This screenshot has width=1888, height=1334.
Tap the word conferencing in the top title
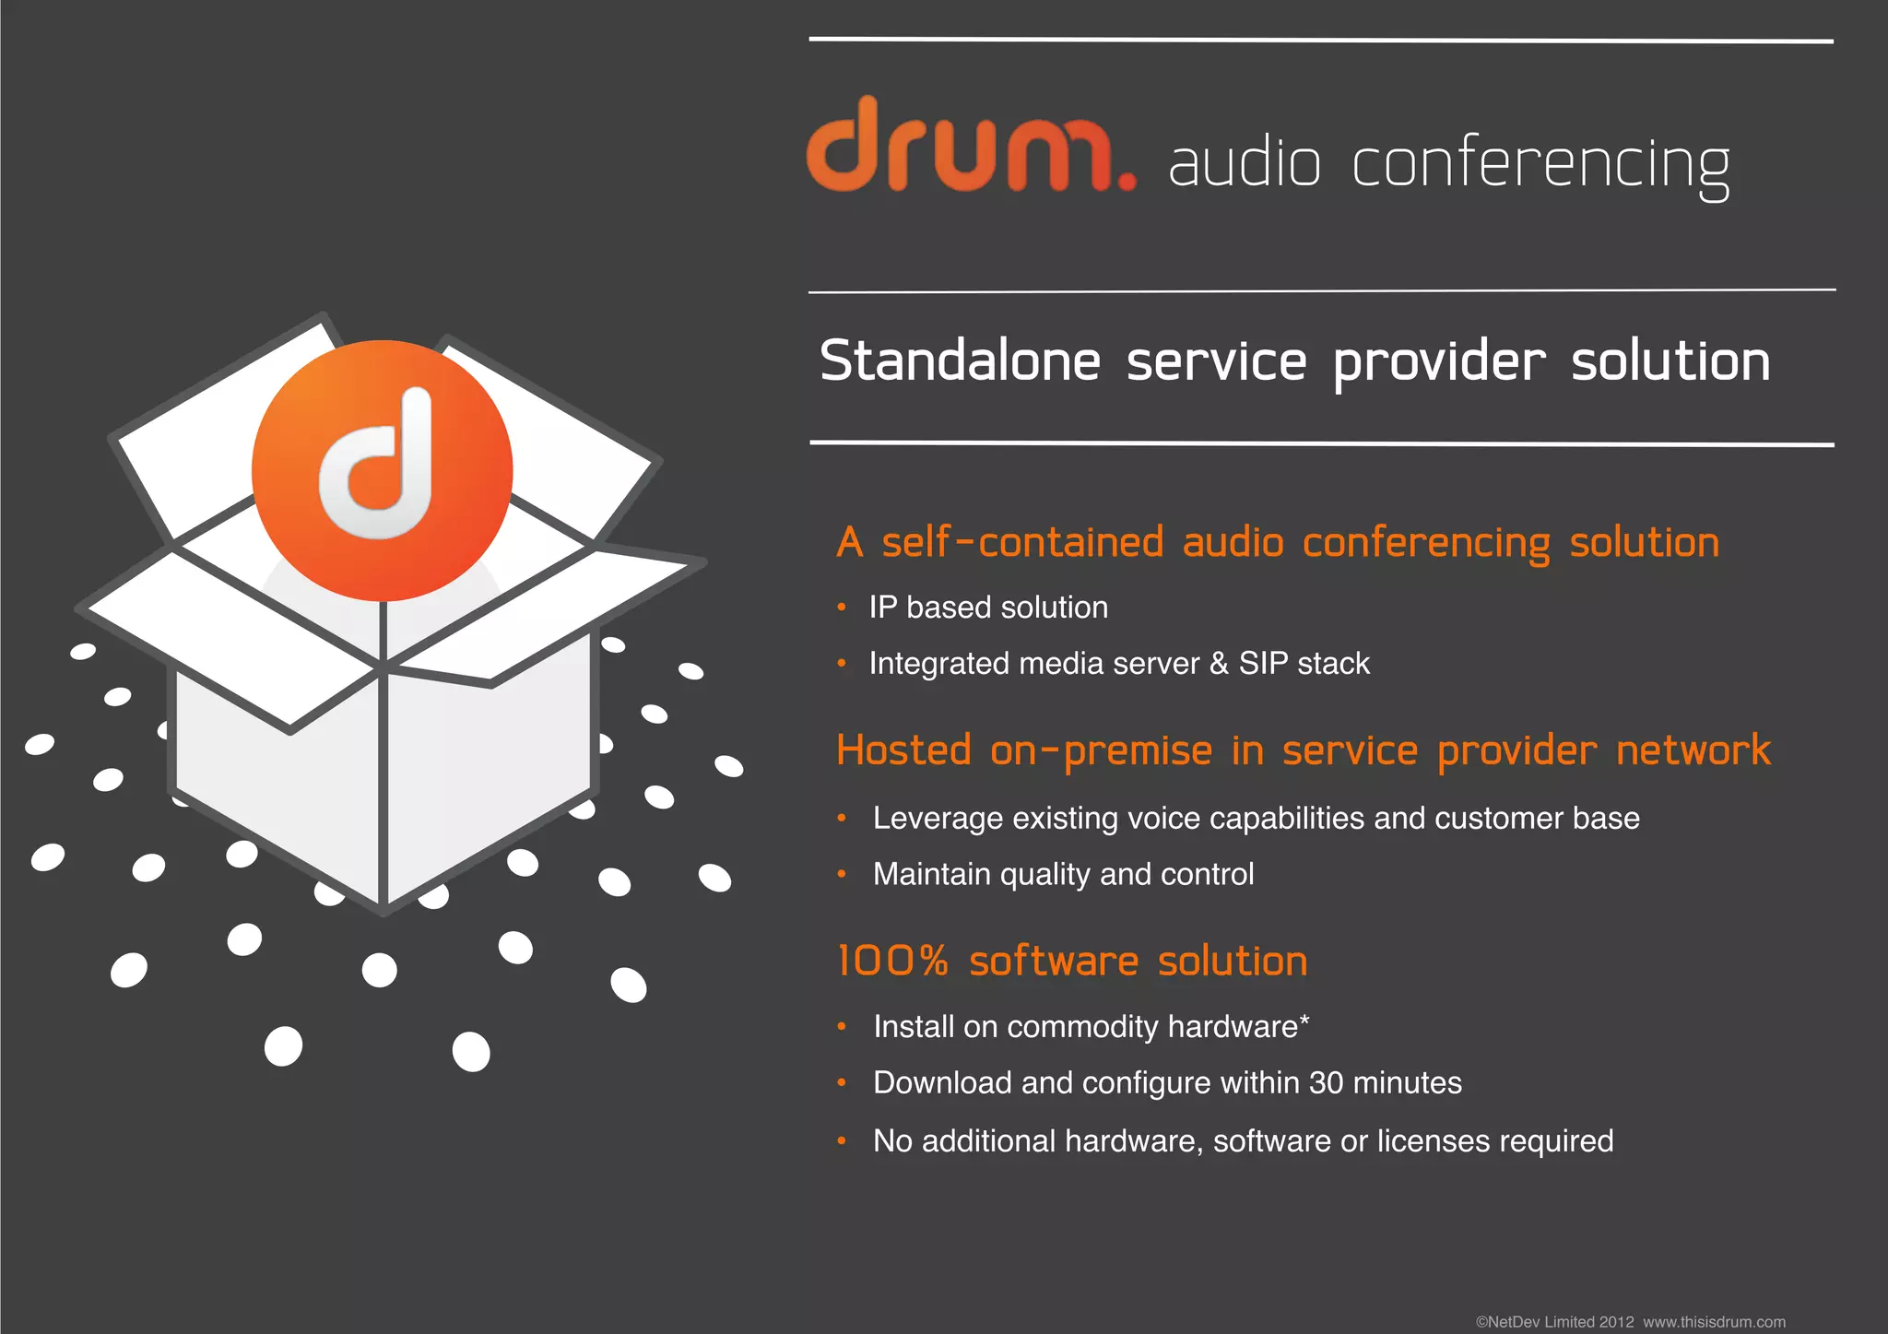click(1540, 166)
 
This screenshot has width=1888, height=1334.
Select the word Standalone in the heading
click(960, 360)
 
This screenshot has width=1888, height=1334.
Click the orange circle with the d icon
click(382, 470)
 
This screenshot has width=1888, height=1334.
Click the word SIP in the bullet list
click(1263, 664)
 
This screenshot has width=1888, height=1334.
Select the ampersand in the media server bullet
click(1219, 664)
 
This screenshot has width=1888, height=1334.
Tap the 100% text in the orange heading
click(892, 962)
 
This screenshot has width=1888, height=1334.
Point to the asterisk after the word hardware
click(1304, 1021)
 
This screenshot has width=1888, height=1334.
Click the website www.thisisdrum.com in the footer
click(1714, 1322)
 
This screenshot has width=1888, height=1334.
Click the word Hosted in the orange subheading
click(903, 750)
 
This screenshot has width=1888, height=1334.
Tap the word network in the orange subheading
click(1693, 750)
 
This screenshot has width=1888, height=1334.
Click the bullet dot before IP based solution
click(842, 607)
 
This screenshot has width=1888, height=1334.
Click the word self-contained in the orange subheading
click(1022, 542)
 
